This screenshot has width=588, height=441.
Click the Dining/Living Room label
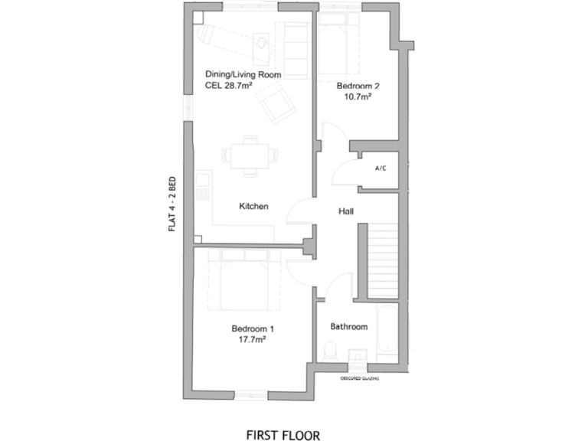point(243,74)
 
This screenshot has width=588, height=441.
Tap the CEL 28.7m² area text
point(228,86)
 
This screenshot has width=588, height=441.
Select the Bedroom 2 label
point(358,86)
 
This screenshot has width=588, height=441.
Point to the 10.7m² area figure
point(358,96)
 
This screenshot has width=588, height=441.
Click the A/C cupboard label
point(381,168)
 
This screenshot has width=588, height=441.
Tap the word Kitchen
point(253,206)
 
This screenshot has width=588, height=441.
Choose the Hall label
point(346,211)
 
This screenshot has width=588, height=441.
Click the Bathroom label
point(349,327)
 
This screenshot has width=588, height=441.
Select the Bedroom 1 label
point(253,329)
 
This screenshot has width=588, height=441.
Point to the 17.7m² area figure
point(253,340)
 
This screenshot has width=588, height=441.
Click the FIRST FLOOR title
point(283,435)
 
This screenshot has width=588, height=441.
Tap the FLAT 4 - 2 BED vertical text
point(171,204)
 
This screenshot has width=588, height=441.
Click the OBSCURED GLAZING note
point(360,378)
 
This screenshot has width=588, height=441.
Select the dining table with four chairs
point(250,156)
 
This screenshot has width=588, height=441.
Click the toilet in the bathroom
point(331,351)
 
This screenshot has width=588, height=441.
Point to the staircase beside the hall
point(383,261)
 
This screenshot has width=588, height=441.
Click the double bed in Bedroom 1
point(244,279)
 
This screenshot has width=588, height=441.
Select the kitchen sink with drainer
point(203,185)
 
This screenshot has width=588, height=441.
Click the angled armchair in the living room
point(276,103)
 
